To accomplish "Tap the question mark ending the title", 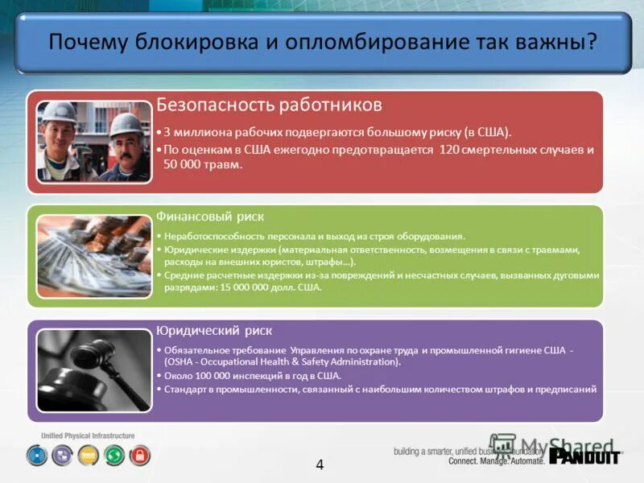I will click(592, 41).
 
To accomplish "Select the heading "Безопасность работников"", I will click(269, 105).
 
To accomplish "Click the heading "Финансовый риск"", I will click(210, 217).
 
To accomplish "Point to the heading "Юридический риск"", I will click(213, 331).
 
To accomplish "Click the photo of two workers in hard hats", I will click(93, 142).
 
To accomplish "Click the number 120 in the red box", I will click(453, 150).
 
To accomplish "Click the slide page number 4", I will click(320, 464).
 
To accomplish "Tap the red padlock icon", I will click(140, 456).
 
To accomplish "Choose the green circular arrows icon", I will click(114, 456).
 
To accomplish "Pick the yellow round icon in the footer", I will click(88, 456).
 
